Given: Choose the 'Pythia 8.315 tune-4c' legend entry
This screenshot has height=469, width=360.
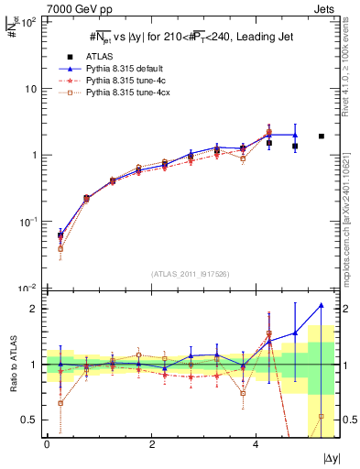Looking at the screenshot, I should pos(128,81).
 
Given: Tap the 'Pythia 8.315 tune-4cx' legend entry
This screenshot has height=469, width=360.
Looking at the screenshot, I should pos(131,93).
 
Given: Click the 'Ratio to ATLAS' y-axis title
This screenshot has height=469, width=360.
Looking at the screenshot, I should pos(13,366).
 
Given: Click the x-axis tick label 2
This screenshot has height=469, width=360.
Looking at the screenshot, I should pos(151,443).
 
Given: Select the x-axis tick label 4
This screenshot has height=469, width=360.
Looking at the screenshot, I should pos(256,443).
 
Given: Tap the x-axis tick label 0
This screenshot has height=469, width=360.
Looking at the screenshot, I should pos(47,443).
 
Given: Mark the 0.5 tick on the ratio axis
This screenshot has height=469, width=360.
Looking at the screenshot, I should pos(26,420).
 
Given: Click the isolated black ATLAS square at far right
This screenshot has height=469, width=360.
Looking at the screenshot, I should pos(321,136).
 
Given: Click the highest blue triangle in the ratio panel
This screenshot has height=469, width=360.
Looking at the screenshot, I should pos(321,305).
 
